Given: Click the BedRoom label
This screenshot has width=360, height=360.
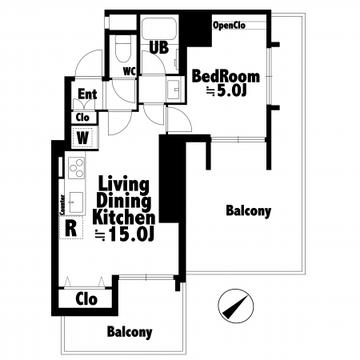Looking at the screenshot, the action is click(x=226, y=76).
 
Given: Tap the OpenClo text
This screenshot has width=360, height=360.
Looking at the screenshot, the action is click(x=229, y=26).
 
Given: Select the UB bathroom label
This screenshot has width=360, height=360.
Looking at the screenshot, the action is click(x=159, y=47).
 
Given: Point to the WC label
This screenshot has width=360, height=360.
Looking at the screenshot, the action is click(x=130, y=71).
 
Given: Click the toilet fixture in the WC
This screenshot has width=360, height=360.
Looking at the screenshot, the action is click(x=123, y=49).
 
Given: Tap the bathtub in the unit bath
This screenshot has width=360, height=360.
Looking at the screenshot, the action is click(x=158, y=29).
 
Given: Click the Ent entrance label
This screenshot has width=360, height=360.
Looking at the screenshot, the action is click(x=87, y=94).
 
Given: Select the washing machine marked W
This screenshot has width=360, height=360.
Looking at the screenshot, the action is click(x=82, y=138).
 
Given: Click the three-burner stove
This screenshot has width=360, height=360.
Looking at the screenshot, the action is click(x=76, y=168).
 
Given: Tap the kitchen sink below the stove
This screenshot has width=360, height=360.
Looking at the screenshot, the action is click(x=76, y=202).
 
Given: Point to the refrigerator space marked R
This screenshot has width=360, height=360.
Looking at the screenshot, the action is click(x=71, y=229).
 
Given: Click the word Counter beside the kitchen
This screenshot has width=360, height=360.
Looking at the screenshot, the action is click(x=62, y=205).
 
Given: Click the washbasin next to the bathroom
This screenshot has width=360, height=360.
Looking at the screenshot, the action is click(x=174, y=90).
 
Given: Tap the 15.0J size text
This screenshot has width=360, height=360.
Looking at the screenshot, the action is click(x=125, y=234).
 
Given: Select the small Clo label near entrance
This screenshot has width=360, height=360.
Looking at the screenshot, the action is click(x=82, y=118).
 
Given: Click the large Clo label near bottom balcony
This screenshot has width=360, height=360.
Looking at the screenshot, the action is click(x=86, y=298).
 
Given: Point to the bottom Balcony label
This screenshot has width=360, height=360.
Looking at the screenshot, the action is click(x=130, y=332).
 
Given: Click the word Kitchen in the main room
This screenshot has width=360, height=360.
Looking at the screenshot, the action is click(x=124, y=218).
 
